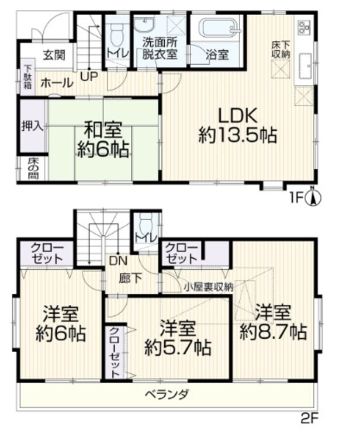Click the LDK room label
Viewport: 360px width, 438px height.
238,116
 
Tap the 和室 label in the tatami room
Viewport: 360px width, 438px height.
103,131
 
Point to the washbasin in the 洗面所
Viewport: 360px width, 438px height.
145,25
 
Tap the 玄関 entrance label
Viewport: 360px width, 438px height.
54,55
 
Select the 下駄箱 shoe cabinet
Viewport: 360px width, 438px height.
27,77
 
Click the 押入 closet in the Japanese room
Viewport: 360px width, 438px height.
32,126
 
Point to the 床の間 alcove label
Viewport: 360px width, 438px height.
33,169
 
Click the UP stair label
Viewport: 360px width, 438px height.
89,76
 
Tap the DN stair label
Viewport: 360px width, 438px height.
118,261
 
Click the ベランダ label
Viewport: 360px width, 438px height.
167,394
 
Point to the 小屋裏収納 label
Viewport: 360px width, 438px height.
208,287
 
